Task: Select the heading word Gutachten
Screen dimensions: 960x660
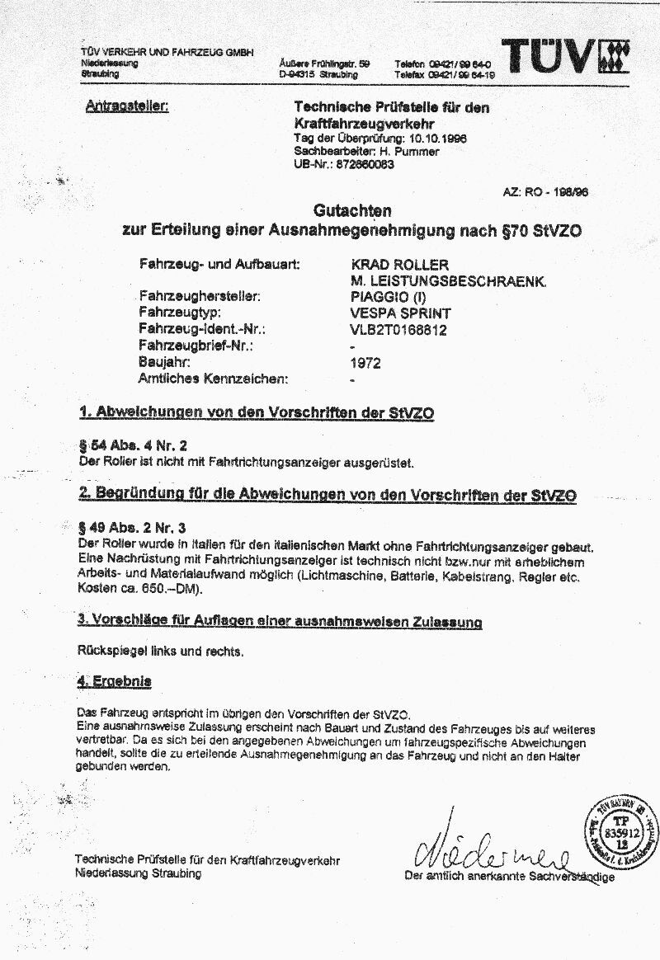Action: tap(352, 211)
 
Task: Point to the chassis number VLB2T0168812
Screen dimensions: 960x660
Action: tap(399, 329)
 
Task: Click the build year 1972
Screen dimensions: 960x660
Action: tap(365, 363)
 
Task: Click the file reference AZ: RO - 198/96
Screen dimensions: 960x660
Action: tap(544, 192)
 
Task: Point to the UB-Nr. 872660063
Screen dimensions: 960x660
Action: tap(361, 164)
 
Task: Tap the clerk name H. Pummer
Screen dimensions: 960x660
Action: tap(409, 152)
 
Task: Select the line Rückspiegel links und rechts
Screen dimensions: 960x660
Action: tap(161, 652)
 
